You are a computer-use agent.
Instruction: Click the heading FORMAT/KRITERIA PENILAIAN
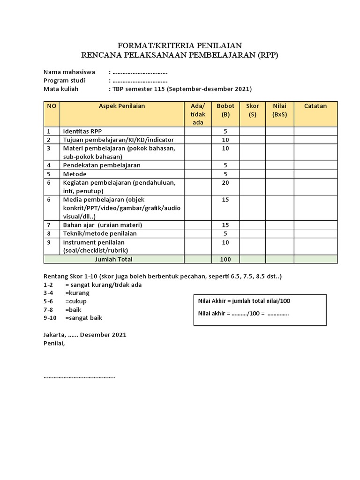click(180, 45)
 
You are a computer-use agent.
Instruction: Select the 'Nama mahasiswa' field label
click(69, 72)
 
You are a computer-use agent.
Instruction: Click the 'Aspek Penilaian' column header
click(122, 106)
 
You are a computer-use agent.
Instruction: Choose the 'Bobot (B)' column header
click(225, 110)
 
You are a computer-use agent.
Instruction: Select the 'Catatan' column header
click(315, 106)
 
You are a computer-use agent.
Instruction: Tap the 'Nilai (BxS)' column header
click(279, 110)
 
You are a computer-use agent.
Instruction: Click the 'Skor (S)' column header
click(253, 110)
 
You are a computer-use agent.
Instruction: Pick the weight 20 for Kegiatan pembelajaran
click(225, 183)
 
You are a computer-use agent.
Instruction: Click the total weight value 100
click(225, 259)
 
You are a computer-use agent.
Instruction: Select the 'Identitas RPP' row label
click(82, 132)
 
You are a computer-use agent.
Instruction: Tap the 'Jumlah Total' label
click(114, 259)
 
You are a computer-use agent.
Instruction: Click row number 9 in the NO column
click(48, 242)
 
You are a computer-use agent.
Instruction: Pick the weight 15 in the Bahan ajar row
click(225, 225)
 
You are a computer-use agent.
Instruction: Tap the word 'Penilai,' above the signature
click(54, 343)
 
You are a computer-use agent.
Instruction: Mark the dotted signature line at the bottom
click(79, 377)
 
